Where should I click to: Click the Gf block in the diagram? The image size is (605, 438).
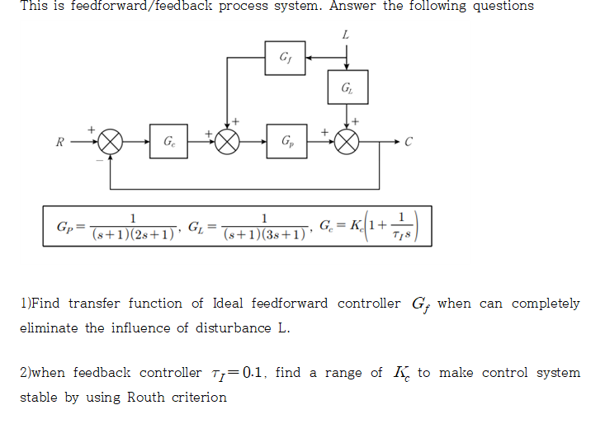[286, 57]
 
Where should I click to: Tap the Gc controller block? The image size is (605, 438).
[168, 142]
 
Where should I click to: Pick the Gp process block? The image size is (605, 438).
[286, 142]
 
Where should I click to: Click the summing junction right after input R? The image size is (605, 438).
[111, 142]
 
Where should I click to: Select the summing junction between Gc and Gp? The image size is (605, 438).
[228, 142]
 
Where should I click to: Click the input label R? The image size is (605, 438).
[59, 142]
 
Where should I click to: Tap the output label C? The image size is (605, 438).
[407, 142]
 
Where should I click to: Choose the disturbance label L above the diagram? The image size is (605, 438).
[345, 35]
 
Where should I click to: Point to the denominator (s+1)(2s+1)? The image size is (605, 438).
[132, 233]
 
